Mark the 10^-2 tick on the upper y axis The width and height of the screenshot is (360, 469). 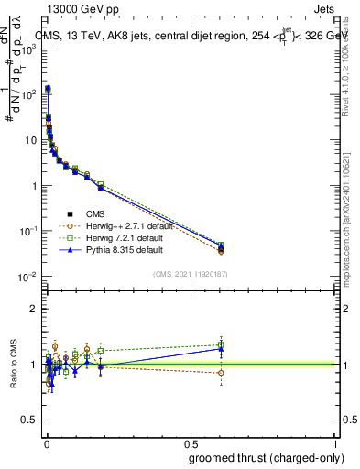30,277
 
